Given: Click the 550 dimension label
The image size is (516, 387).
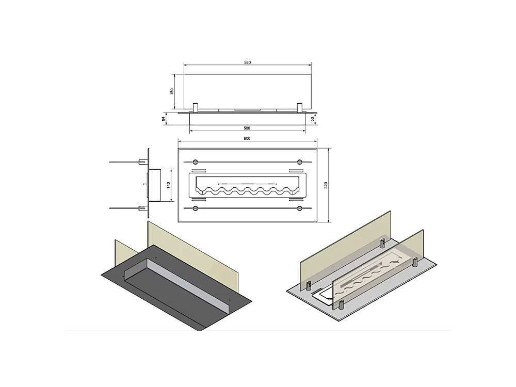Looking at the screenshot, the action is point(248,62).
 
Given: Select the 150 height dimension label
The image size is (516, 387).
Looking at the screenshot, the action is point(172,91).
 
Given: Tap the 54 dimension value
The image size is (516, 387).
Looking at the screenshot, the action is point(163,119).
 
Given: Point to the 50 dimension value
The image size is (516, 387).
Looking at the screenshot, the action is point(312,119).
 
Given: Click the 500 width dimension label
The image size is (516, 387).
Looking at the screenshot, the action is point(247,128).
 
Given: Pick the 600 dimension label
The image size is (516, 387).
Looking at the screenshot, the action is point(247,138).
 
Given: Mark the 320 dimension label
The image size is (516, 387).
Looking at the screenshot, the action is point(326,185).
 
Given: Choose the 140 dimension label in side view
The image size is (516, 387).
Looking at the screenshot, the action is point(168,185).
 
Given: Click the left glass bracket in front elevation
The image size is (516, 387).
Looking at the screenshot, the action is point(196,108).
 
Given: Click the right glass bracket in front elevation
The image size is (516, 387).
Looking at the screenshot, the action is point(300,108).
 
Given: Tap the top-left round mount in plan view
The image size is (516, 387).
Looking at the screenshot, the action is point(195,162).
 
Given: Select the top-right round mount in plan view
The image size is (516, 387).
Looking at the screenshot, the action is point(299,162).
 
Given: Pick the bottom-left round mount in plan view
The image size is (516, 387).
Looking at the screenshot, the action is point(195,208).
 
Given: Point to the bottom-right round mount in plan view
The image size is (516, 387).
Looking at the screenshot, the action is point(299,208).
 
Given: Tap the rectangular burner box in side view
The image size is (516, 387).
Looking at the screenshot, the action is point(155,185).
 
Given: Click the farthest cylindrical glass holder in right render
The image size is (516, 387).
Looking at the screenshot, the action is point(382,243).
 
